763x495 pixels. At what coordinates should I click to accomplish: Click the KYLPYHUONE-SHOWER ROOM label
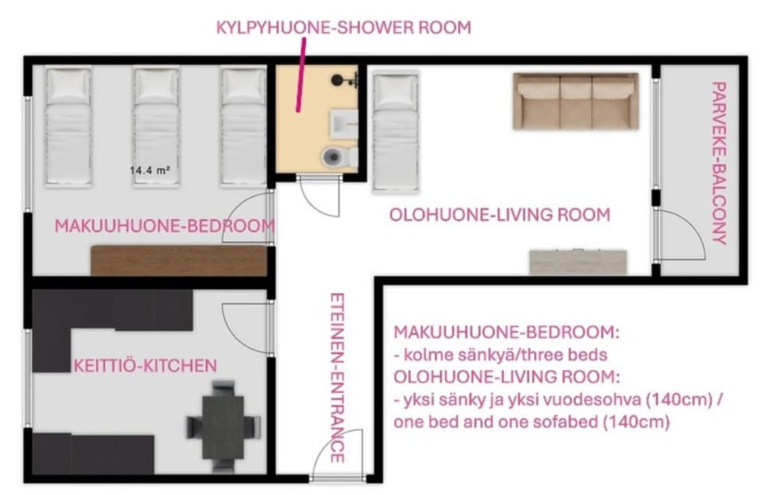point(343,27)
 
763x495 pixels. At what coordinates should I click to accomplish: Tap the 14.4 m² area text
point(150,170)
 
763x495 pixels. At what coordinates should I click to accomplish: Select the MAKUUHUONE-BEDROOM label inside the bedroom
point(165,226)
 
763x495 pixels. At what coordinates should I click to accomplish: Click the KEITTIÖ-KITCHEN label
point(145,365)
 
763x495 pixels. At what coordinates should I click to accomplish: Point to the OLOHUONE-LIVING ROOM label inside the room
point(500,215)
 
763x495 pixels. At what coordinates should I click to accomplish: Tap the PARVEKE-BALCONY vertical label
point(718,162)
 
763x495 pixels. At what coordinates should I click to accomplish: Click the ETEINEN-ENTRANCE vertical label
point(337,377)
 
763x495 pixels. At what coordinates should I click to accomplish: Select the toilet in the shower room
point(339,157)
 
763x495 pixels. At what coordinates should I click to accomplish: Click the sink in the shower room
point(344,123)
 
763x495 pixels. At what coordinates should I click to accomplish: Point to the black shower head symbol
point(337,80)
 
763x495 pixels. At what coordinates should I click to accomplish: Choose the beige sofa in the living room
point(575,101)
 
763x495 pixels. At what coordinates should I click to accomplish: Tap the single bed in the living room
point(396,131)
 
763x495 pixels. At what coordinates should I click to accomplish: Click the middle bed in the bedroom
point(157,127)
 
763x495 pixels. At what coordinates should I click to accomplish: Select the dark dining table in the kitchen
point(223,427)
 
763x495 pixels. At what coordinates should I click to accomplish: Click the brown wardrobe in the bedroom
point(179,261)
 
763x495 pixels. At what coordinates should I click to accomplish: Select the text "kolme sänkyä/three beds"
point(501,355)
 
